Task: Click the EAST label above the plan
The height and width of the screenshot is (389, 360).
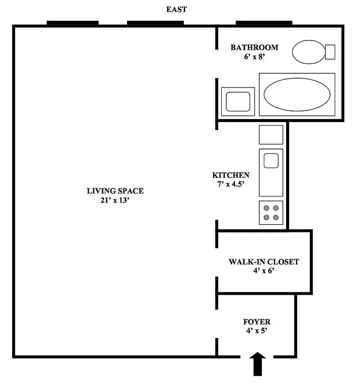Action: point(177,9)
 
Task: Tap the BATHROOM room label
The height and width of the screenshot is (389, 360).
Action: point(254,48)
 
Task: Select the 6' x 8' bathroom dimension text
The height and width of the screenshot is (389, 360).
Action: point(254,57)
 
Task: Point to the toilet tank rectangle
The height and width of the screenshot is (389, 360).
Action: point(330,52)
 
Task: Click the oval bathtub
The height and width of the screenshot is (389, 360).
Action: point(297,94)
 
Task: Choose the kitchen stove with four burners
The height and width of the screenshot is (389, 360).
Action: point(271,213)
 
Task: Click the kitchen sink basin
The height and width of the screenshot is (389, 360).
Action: point(271,161)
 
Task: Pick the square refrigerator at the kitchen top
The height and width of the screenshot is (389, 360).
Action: point(271,135)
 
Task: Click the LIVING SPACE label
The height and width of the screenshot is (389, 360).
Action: point(115,191)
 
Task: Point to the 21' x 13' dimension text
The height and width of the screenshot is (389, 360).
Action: point(115,200)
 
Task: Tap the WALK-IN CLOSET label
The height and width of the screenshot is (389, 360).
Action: point(264,262)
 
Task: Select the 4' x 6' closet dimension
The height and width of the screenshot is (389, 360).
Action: point(264,271)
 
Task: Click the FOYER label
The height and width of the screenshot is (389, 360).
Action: point(257,322)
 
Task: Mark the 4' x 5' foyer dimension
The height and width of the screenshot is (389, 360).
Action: point(257,331)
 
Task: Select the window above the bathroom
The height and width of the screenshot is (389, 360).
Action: point(264,23)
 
